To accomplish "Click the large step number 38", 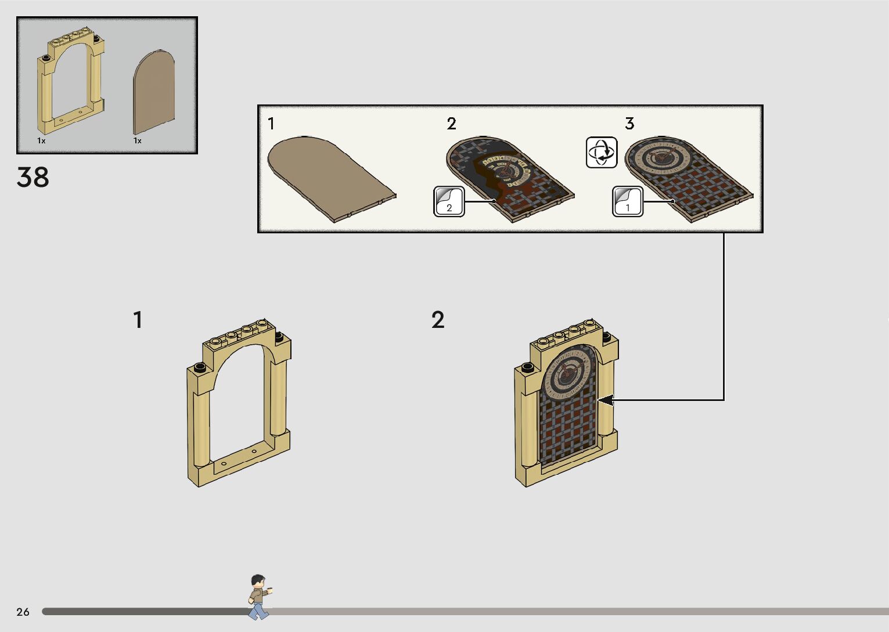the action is click(33, 178).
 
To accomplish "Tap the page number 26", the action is click(23, 612).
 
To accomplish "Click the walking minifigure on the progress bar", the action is click(258, 596).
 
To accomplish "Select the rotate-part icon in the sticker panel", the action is click(602, 153).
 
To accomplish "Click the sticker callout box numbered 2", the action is click(449, 202).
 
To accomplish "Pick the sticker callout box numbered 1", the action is click(628, 202).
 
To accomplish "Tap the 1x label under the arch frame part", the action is click(41, 140).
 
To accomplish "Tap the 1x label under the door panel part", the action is click(138, 140).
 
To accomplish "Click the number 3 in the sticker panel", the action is click(629, 124).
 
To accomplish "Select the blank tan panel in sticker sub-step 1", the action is click(331, 177).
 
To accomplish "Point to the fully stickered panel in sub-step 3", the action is click(689, 177).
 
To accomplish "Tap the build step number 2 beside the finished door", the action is click(438, 320).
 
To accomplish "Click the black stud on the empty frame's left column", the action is click(199, 367).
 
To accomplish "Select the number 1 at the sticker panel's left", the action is click(271, 124).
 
